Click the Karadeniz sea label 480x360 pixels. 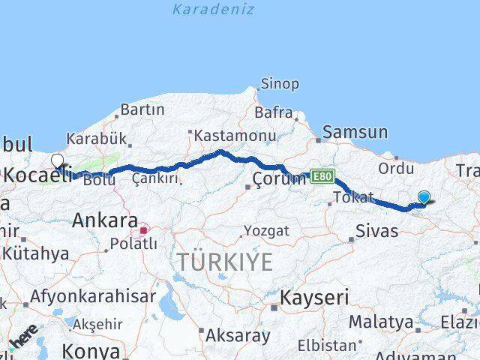click(x=213, y=10)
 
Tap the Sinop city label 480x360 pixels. click(x=279, y=84)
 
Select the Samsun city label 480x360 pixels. click(x=355, y=133)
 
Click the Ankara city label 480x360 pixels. click(x=105, y=221)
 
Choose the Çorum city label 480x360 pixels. click(x=279, y=178)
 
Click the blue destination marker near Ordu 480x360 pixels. click(x=424, y=198)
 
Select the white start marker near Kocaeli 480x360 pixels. click(x=58, y=160)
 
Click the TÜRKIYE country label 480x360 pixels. click(x=225, y=262)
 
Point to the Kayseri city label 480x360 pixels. click(x=314, y=298)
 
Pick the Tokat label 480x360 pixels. click(x=354, y=197)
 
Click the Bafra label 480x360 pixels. click(x=273, y=112)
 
